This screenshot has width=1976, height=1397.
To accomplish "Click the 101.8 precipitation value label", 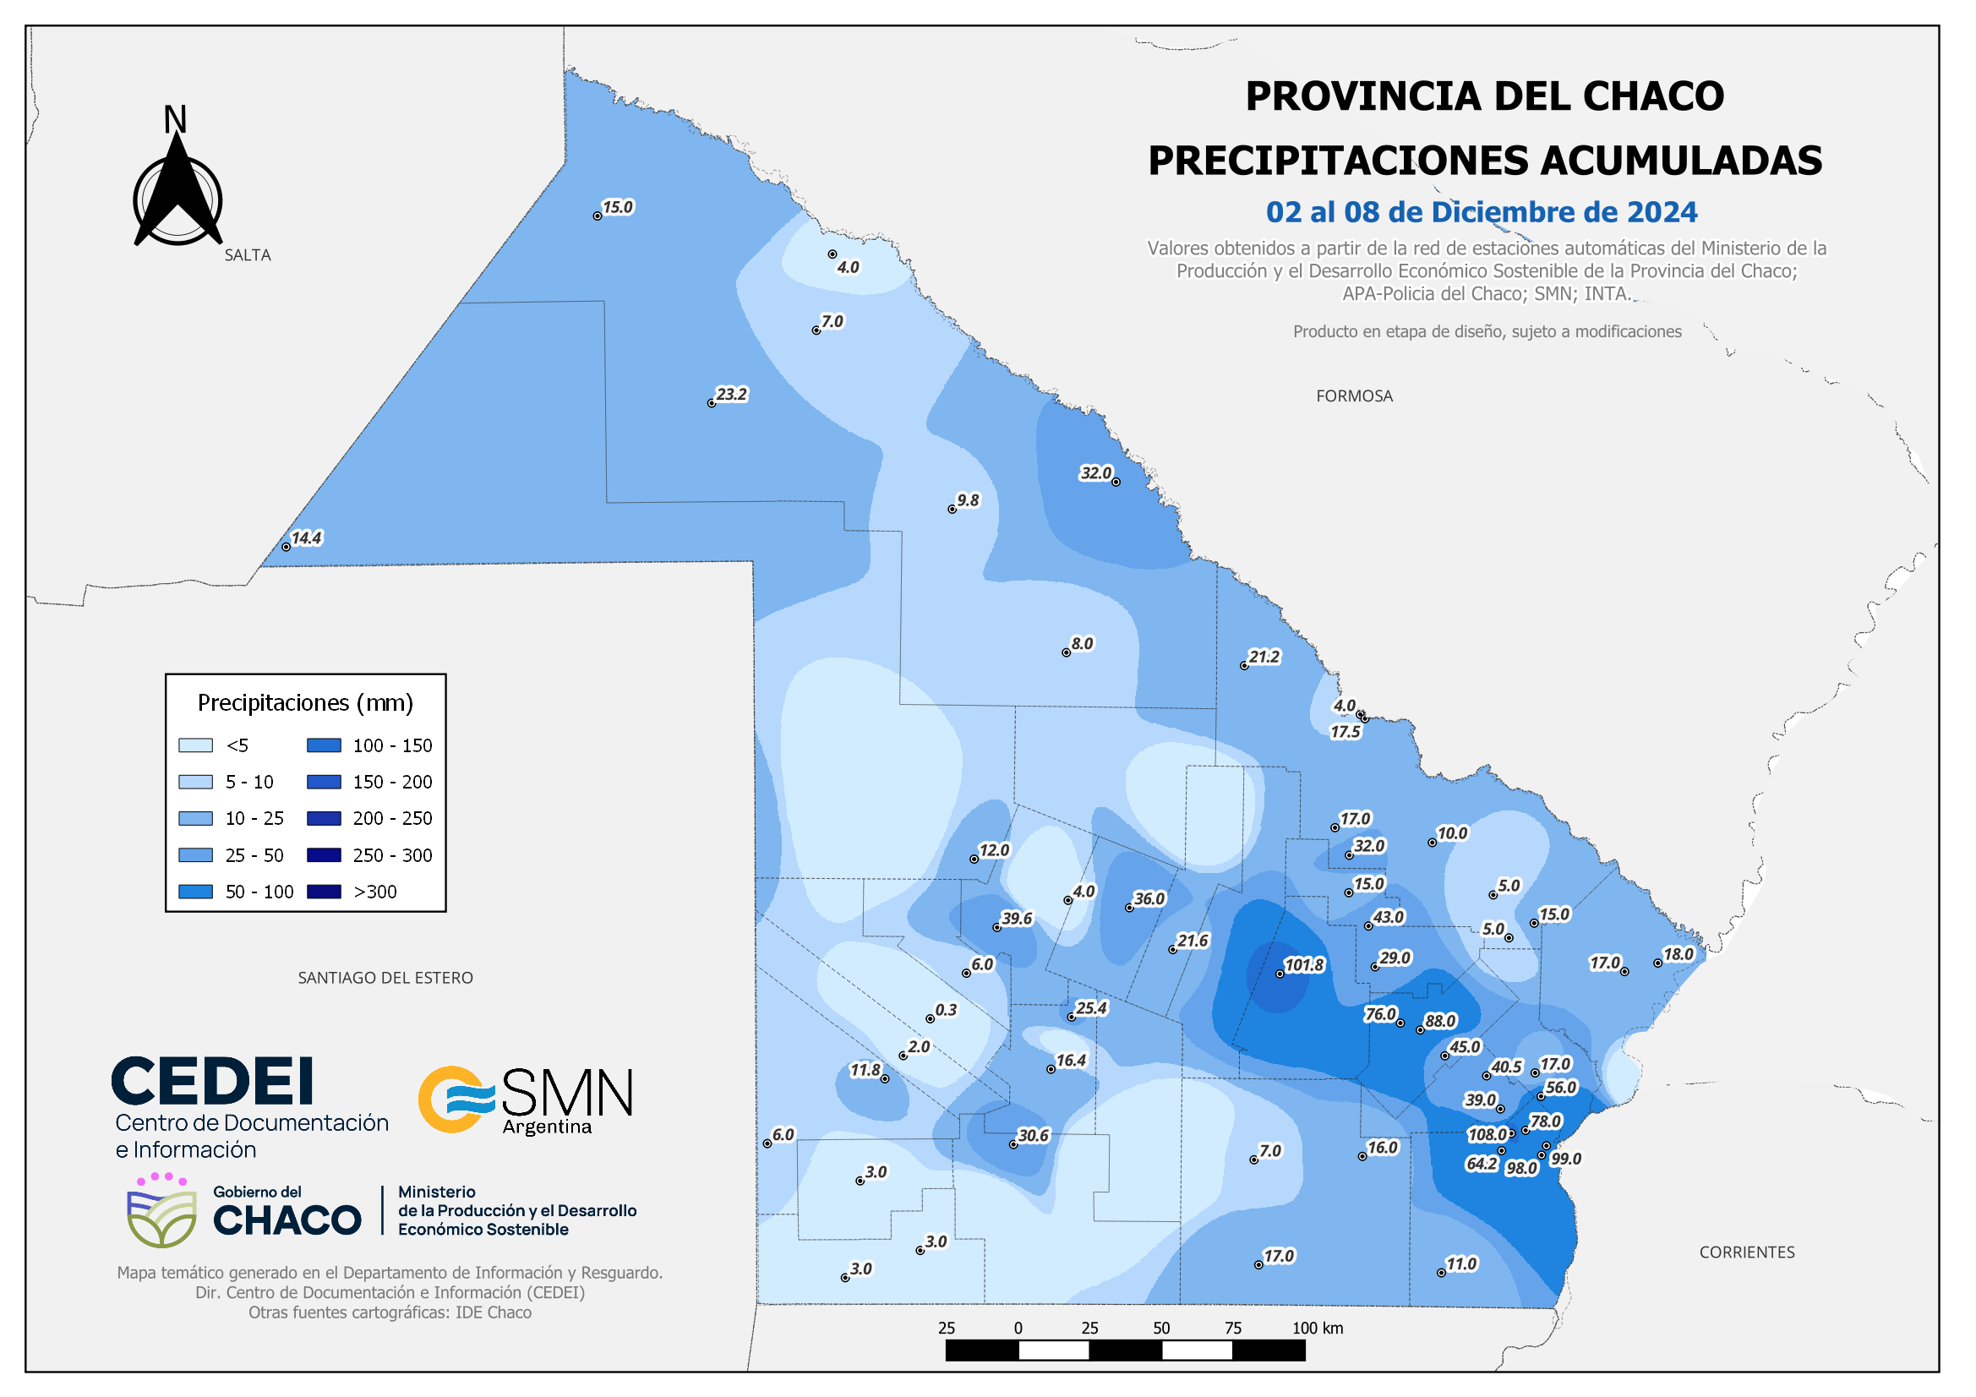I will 1304,965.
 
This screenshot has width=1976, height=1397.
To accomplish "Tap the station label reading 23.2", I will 732,394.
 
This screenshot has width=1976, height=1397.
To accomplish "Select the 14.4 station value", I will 307,538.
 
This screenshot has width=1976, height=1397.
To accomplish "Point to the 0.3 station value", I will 946,1010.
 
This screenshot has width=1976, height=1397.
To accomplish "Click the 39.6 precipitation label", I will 1017,919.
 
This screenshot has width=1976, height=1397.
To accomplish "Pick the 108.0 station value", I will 1487,1134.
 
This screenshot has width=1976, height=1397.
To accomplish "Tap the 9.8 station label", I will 968,500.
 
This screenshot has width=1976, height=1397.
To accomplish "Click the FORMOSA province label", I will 1354,396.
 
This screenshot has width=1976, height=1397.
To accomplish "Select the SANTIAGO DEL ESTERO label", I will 385,978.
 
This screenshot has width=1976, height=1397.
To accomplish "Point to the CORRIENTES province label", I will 1746,1252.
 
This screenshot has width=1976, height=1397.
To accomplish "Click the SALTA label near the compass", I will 248,255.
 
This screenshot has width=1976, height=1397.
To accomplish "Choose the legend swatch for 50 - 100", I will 195,892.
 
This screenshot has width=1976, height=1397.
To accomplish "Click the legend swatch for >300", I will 324,892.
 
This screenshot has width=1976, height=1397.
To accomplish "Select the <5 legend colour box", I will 195,745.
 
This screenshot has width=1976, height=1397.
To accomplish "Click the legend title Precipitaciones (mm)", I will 305,703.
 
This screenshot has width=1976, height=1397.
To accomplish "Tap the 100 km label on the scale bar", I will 1317,1329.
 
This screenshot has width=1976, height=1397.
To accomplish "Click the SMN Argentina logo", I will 526,1100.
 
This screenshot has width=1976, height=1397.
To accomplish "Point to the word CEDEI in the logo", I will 211,1082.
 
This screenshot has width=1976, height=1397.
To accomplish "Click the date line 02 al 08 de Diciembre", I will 1481,213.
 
